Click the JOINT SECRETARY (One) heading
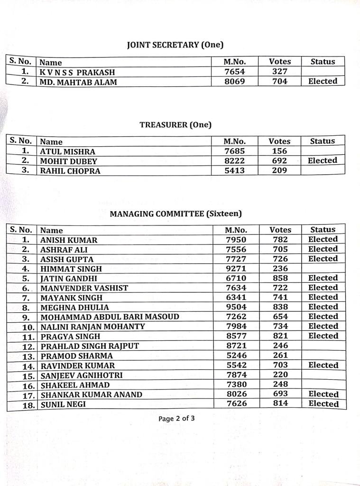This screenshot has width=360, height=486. [x=175, y=45]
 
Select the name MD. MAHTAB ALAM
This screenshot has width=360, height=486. [x=79, y=82]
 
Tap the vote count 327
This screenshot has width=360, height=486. [x=280, y=72]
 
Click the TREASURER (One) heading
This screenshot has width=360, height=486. [x=175, y=125]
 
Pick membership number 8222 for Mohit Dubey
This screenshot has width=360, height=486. [x=235, y=161]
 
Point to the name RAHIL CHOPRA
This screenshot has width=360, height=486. [x=70, y=171]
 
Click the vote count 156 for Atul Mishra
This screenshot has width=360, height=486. [x=279, y=151]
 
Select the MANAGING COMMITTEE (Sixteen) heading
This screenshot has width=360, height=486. [x=176, y=214]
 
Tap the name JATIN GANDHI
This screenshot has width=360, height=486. [x=69, y=279]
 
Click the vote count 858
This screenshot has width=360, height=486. [x=280, y=278]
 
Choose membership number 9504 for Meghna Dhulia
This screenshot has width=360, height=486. [x=236, y=307]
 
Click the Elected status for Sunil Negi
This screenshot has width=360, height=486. [x=323, y=404]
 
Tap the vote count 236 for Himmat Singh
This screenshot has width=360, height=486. [x=280, y=269]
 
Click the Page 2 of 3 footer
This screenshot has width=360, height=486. [x=176, y=419]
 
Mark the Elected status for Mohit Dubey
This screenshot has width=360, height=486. [x=322, y=160]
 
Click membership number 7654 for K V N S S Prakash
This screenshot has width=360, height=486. [x=234, y=72]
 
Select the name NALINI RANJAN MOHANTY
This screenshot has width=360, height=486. [x=93, y=327]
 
